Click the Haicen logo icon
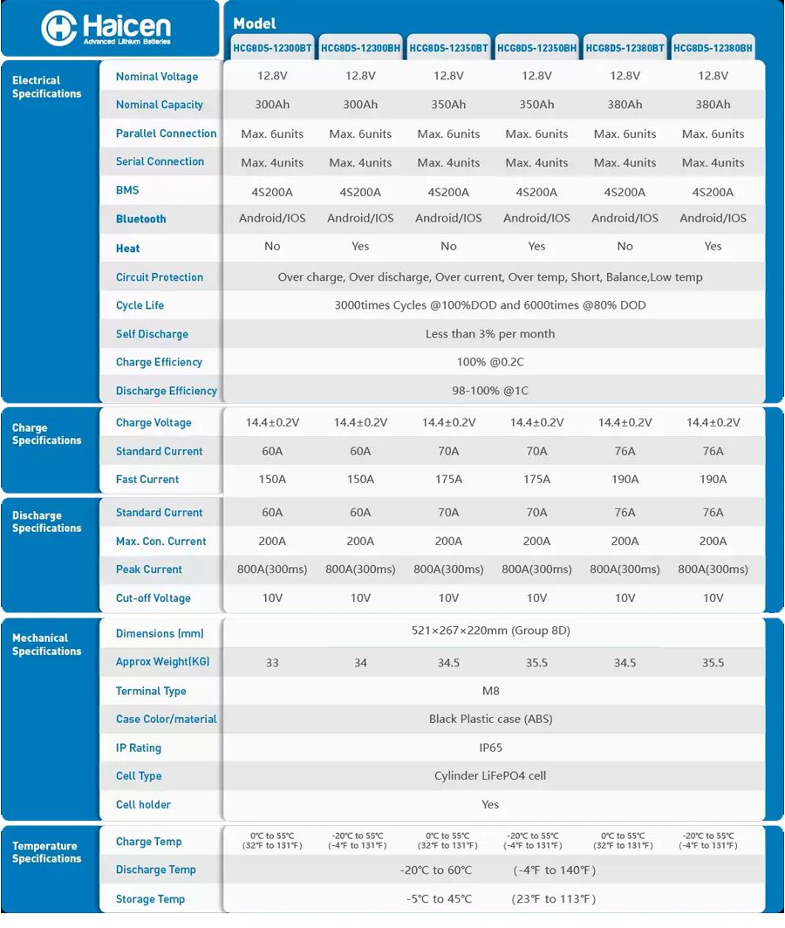[59, 29]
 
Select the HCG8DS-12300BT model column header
[273, 49]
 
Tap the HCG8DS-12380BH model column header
[713, 49]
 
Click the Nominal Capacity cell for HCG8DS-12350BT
[448, 105]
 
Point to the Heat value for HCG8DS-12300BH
[360, 247]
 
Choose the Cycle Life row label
[140, 305]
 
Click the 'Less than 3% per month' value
[490, 334]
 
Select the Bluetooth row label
[140, 219]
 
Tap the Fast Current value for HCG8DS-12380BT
[625, 480]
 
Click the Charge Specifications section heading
[46, 434]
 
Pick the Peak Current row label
[149, 570]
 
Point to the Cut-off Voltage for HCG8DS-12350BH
[536, 598]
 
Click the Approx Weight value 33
[272, 663]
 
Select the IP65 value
[490, 747]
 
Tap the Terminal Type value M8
[490, 691]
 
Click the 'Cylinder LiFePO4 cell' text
[490, 776]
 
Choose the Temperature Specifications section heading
[46, 852]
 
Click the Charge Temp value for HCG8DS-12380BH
[713, 841]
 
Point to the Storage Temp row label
[150, 899]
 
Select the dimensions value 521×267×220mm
[490, 631]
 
